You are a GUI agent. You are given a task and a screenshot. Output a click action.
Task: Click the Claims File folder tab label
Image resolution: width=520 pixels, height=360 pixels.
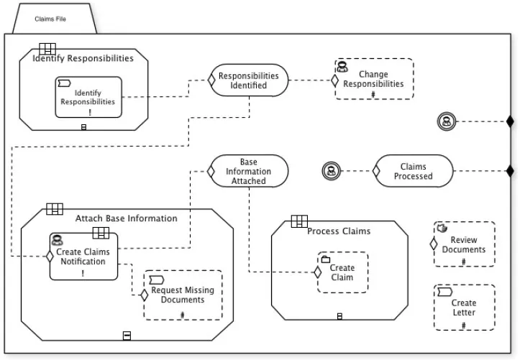click(x=50, y=19)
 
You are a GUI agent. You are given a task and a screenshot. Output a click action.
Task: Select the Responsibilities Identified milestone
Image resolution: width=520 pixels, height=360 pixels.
click(x=249, y=80)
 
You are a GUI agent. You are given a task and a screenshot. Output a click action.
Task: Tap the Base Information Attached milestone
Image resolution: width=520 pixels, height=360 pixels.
click(x=249, y=171)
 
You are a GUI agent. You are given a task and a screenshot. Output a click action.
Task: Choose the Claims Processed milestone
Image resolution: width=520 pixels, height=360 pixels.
click(x=414, y=171)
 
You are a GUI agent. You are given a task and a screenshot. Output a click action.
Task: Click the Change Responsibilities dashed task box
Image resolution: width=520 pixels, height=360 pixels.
click(x=374, y=79)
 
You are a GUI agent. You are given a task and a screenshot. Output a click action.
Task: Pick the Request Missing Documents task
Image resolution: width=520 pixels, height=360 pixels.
click(x=183, y=295)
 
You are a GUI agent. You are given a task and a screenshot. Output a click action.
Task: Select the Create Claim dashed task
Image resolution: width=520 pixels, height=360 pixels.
click(x=342, y=272)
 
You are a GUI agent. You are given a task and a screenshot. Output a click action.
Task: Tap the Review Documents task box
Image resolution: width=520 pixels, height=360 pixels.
click(x=465, y=244)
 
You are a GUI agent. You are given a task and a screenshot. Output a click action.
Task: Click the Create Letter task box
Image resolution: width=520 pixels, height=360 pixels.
click(x=465, y=308)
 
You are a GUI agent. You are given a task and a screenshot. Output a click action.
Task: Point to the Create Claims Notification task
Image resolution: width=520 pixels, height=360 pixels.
click(x=83, y=257)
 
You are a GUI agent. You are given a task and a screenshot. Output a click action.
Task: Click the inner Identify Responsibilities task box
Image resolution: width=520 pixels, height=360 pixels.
click(x=88, y=97)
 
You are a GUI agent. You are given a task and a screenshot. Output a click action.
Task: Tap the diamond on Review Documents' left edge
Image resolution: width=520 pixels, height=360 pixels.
click(x=434, y=244)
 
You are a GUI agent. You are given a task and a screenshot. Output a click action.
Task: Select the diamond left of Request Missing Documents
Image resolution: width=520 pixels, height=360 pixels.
click(x=144, y=295)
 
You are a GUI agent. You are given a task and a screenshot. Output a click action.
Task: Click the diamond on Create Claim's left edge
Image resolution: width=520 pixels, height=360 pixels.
click(x=317, y=272)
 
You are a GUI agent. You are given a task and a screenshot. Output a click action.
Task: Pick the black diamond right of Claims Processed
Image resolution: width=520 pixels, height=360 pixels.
click(x=510, y=171)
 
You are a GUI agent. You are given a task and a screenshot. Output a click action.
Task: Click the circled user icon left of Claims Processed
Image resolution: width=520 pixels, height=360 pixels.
click(x=332, y=171)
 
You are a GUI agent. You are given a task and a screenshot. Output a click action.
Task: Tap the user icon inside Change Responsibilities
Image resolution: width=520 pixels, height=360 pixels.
click(x=342, y=66)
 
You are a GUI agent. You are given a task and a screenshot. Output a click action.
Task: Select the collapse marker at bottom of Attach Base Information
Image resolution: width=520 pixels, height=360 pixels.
click(x=127, y=336)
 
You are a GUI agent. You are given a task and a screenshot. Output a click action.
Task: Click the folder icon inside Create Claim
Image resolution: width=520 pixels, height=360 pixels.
click(x=326, y=259)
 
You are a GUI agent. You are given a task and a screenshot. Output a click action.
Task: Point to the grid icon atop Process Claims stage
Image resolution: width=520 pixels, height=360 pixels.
click(x=299, y=221)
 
